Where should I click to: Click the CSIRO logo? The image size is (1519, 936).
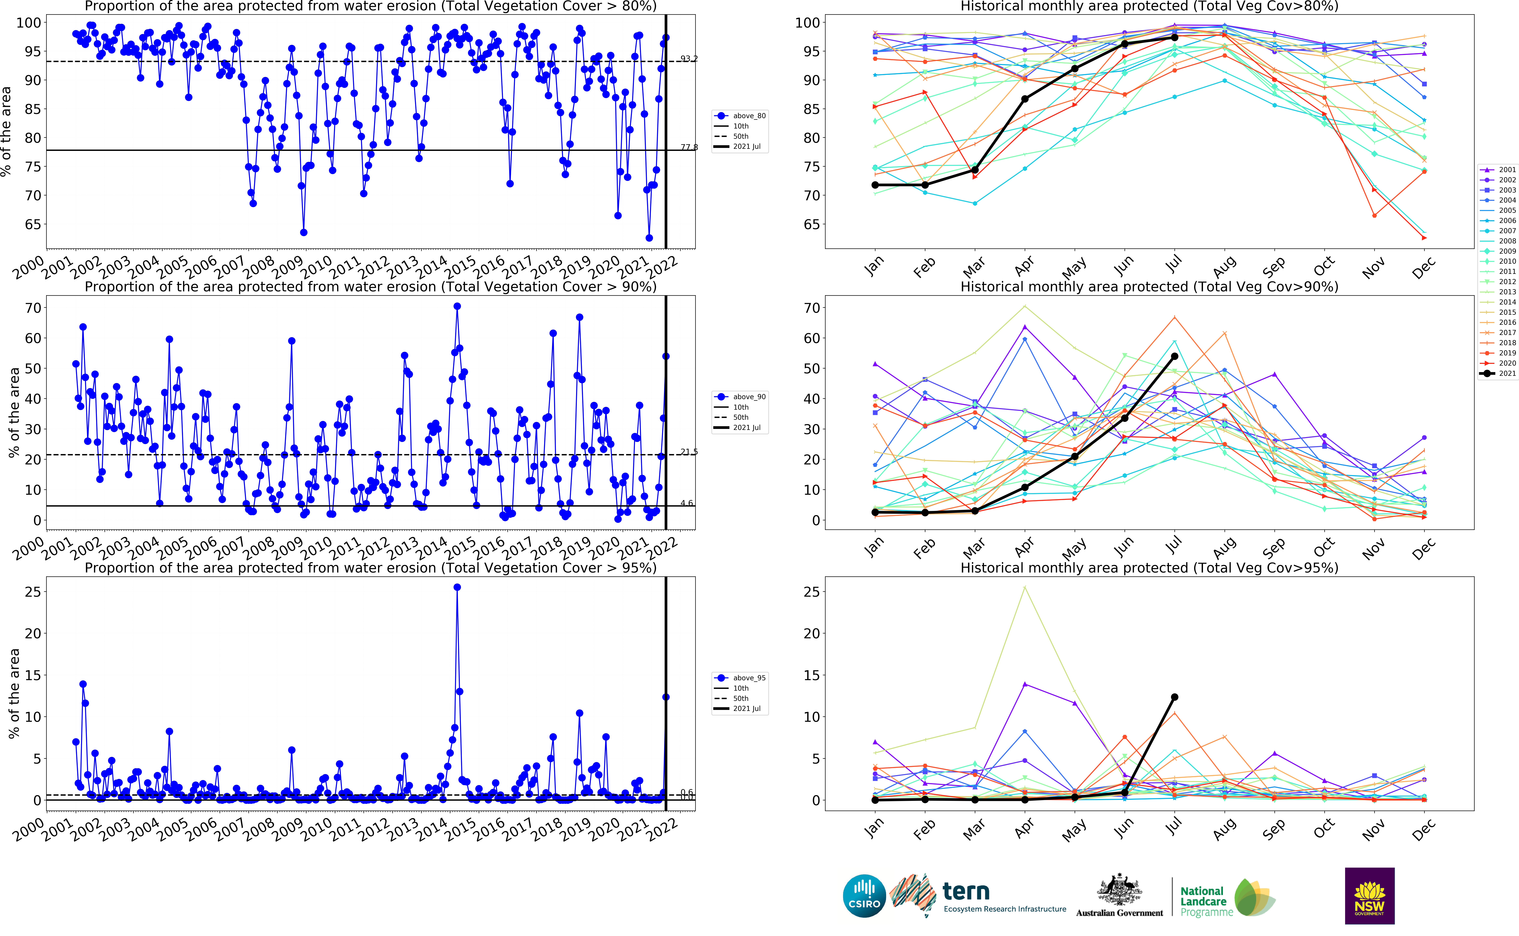(x=864, y=896)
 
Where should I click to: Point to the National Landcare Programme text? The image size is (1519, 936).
(x=1203, y=901)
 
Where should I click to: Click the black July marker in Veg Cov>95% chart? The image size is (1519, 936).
(x=1174, y=697)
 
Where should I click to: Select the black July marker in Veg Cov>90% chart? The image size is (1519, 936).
(x=1174, y=357)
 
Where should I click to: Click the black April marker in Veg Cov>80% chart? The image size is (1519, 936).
(x=1024, y=99)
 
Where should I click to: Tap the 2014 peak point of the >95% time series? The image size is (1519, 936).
(x=457, y=587)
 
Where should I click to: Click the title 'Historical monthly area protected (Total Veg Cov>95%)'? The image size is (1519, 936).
(x=1149, y=568)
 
